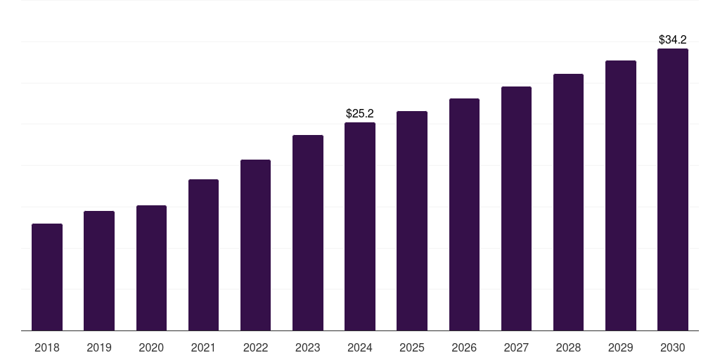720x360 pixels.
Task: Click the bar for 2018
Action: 47,277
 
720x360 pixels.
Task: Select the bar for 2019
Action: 99,271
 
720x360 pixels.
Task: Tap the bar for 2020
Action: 151,268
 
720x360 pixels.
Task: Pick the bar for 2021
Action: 203,255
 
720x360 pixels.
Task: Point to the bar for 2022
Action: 255,245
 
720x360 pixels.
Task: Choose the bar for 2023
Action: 308,233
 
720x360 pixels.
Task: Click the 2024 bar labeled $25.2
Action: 360,226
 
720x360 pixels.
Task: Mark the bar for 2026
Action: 464,214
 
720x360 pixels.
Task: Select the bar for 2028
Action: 568,202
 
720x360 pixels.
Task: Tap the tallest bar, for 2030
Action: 673,190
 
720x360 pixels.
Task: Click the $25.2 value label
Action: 360,113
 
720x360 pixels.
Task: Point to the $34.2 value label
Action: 673,39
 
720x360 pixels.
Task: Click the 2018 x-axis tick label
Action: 47,347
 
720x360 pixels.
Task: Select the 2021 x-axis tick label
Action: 203,347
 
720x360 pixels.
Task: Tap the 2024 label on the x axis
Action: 360,347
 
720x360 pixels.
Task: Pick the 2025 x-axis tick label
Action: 412,347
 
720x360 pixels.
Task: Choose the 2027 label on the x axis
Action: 516,347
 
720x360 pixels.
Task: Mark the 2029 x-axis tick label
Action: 621,347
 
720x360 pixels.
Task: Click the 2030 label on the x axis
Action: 673,347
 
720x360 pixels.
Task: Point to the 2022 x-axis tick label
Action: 255,347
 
